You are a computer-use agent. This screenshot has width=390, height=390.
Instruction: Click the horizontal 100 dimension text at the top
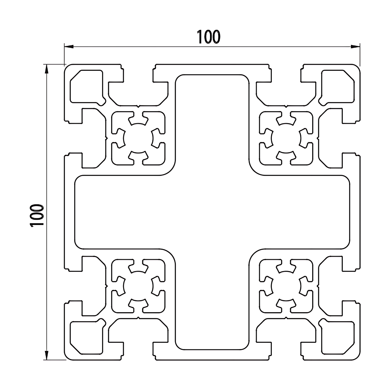click(209, 37)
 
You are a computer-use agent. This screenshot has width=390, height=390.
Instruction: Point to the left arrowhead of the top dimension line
click(69, 47)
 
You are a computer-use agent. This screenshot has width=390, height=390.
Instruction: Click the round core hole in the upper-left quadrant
click(138, 138)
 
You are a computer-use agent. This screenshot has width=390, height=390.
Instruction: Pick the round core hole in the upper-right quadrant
click(286, 138)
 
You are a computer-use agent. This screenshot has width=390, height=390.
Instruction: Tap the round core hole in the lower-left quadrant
click(138, 286)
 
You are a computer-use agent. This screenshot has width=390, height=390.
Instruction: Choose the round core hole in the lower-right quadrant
click(286, 286)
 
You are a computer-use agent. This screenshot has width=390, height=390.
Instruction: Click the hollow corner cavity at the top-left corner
click(86, 86)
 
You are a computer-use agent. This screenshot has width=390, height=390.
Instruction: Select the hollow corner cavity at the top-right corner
click(338, 86)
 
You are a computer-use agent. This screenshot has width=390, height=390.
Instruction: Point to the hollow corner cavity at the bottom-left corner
click(86, 338)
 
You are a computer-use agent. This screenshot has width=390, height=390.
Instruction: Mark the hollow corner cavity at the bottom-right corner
click(338, 338)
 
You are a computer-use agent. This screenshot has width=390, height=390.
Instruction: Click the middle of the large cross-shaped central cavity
click(212, 212)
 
